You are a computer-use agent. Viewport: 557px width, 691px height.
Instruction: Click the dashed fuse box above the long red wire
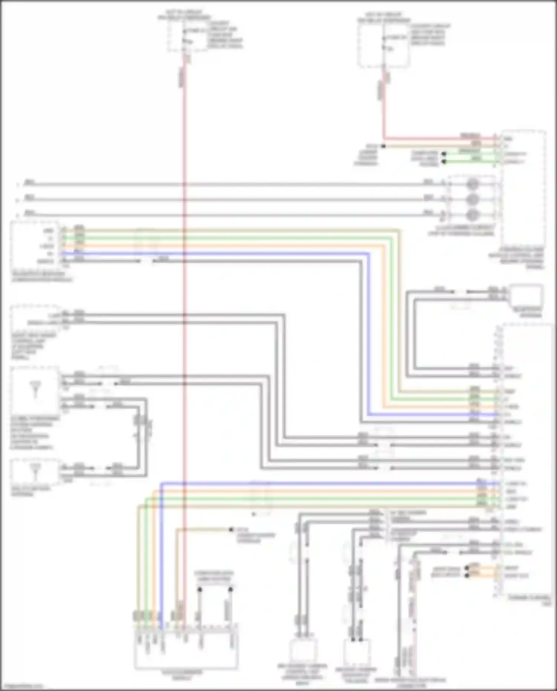188,36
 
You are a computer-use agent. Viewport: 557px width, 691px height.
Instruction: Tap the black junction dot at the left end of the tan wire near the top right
384,146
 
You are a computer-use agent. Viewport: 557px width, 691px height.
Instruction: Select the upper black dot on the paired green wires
443,154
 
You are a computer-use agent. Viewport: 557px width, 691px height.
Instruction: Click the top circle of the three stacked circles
472,184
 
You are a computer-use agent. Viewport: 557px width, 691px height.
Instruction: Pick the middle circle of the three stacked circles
472,199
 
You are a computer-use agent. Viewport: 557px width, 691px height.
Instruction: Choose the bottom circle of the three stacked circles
472,215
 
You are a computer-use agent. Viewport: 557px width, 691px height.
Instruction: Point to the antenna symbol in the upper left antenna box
36,388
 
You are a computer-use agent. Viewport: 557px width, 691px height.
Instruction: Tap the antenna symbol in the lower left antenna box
36,471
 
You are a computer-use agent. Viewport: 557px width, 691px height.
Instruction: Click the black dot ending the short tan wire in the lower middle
231,529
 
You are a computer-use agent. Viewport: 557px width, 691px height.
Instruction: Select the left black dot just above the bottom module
199,589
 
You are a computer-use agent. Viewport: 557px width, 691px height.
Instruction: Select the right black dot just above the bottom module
231,589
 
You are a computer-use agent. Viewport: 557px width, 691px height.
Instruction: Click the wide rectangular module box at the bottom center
186,650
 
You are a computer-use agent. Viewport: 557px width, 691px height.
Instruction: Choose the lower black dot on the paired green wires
443,162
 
